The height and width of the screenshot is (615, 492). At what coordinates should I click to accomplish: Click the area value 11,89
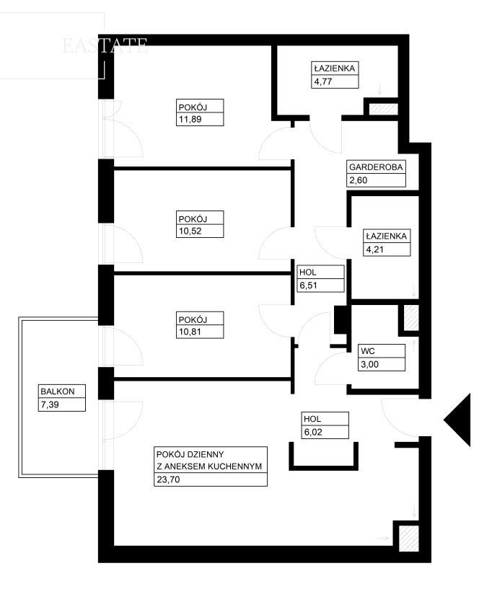(190, 119)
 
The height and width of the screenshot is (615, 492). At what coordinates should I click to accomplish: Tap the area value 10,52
(190, 231)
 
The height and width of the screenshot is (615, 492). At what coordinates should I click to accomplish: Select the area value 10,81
(190, 332)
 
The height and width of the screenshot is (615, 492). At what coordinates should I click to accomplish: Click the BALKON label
(57, 391)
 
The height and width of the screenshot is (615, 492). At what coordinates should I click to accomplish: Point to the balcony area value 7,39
(50, 404)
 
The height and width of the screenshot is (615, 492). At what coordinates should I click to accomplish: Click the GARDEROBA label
(376, 167)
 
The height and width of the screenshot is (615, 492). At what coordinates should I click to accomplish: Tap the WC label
(368, 351)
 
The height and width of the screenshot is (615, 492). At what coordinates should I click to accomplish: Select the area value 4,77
(323, 82)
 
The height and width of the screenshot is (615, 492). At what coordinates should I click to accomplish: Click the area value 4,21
(374, 249)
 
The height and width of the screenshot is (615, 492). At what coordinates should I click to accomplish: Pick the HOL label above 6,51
(307, 273)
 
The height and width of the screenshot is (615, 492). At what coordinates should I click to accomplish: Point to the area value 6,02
(312, 432)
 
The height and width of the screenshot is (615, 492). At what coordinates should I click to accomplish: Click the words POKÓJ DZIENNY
(190, 455)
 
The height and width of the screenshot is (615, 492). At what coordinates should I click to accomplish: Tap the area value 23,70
(168, 479)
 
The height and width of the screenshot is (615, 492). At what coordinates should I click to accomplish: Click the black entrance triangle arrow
(459, 420)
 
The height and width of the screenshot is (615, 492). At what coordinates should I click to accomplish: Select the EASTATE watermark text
(105, 45)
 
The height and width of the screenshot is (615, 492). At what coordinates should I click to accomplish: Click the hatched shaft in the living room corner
(408, 538)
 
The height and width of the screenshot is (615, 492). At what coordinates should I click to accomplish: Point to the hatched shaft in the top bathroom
(384, 109)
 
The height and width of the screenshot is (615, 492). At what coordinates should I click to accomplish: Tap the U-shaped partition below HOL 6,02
(324, 467)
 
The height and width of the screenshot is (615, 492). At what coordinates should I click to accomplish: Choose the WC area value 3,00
(369, 364)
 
